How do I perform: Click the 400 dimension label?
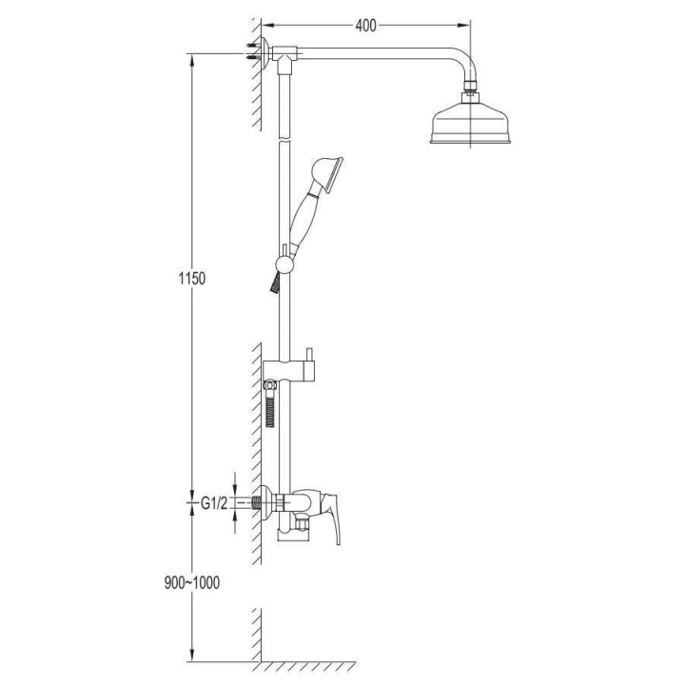point(365,26)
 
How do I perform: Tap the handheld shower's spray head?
point(325,172)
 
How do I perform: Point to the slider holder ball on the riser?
point(283,264)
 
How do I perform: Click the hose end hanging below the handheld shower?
point(276,281)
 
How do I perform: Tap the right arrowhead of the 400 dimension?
point(468,26)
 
